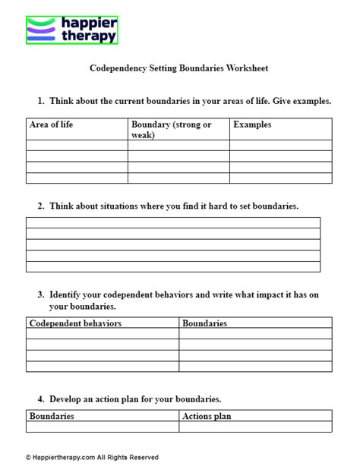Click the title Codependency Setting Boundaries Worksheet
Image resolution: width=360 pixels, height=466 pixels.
point(178,68)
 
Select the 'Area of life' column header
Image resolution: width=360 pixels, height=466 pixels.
point(51,124)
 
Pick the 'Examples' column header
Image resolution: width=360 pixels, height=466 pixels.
point(252,124)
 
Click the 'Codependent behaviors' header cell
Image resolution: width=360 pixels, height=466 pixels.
point(75,323)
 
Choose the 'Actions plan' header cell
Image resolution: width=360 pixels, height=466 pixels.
point(207,416)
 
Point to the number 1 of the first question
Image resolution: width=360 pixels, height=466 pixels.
point(39,101)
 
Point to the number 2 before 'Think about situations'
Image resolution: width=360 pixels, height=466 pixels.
point(39,206)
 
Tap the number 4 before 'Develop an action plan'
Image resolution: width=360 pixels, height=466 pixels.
point(39,398)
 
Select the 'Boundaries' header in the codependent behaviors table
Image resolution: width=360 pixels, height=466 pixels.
point(205,323)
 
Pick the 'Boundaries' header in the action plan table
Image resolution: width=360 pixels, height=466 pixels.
point(52,416)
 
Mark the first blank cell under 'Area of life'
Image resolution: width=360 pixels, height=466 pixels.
point(76,145)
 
